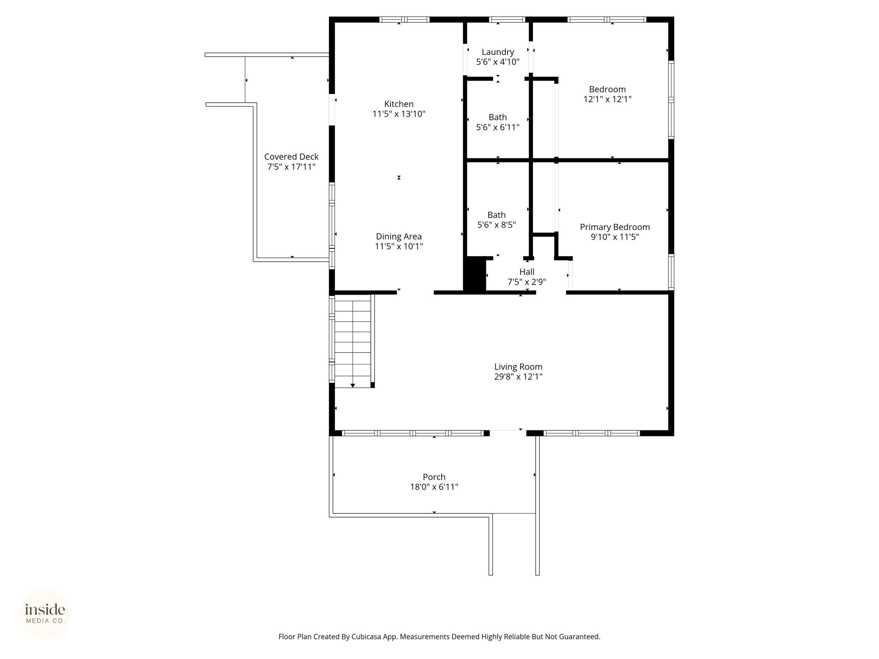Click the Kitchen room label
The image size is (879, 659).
[399, 104]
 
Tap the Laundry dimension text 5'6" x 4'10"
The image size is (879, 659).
[498, 62]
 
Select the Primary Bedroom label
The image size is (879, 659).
[615, 227]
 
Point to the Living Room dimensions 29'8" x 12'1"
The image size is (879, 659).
[518, 377]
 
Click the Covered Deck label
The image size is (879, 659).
[291, 157]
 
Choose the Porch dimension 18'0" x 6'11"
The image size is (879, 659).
[434, 487]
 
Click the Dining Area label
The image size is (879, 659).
[399, 236]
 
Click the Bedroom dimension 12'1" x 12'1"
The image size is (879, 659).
[607, 99]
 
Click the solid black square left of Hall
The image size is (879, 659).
[475, 275]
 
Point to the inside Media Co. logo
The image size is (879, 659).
[45, 614]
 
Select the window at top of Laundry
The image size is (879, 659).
[507, 20]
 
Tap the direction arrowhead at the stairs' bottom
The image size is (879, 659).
[353, 386]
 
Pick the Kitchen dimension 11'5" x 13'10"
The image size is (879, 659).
[399, 114]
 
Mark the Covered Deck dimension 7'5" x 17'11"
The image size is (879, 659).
[291, 167]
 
